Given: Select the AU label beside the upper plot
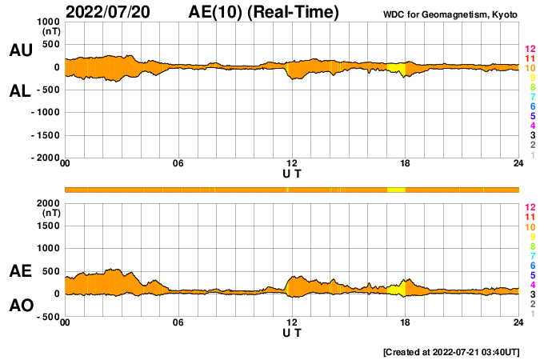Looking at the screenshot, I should [x=21, y=50].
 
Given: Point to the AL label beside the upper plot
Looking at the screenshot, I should [x=21, y=91].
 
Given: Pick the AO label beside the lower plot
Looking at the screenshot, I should [x=21, y=306].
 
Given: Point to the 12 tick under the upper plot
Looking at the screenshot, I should [x=292, y=163].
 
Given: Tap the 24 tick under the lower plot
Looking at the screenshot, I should [x=518, y=322].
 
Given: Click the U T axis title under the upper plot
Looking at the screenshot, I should [x=292, y=174].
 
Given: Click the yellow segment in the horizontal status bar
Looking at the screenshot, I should [x=396, y=190].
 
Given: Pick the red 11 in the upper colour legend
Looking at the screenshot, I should [x=530, y=58].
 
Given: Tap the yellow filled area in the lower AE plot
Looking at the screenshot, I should [x=394, y=289].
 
